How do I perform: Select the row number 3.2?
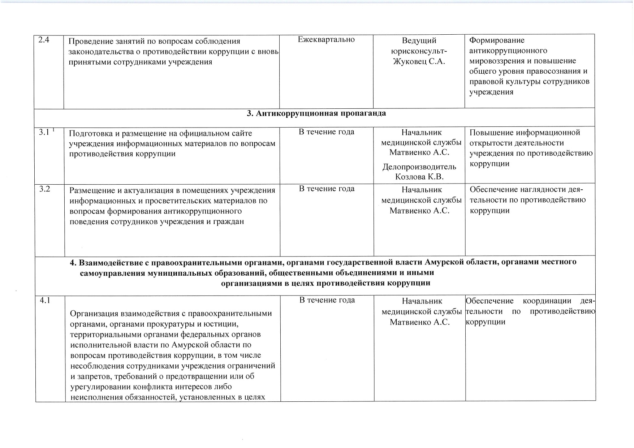pyautogui.click(x=45, y=189)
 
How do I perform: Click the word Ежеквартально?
pyautogui.click(x=326, y=40)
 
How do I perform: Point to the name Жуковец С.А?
pyautogui.click(x=419, y=61)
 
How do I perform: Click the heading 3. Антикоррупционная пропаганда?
pyautogui.click(x=316, y=113)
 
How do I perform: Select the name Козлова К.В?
pyautogui.click(x=419, y=177)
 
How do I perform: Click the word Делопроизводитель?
pyautogui.click(x=419, y=167)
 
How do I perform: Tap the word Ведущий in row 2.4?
pyautogui.click(x=419, y=40)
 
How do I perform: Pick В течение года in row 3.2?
pyautogui.click(x=327, y=189)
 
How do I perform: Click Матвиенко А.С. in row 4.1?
pyautogui.click(x=419, y=322)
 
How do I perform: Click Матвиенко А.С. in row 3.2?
pyautogui.click(x=419, y=211)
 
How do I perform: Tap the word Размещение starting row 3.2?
pyautogui.click(x=90, y=190)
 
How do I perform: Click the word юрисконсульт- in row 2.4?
pyautogui.click(x=419, y=51)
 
